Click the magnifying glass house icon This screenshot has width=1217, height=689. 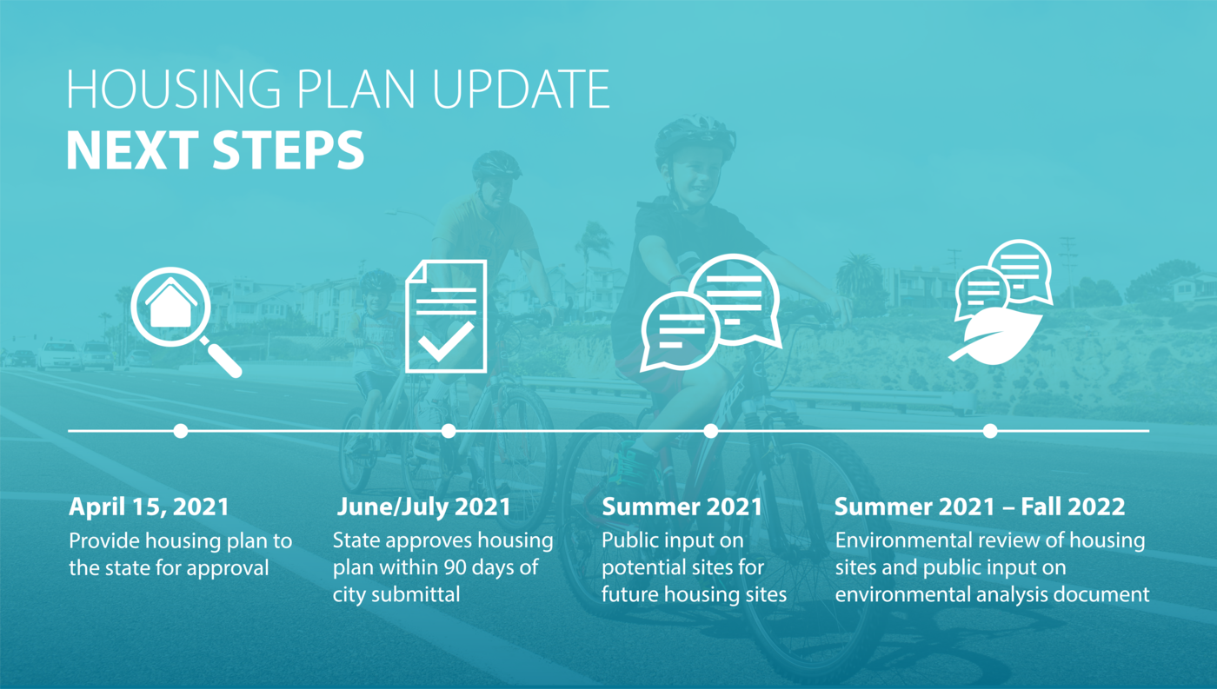[184, 321]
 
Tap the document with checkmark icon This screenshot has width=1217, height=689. [446, 316]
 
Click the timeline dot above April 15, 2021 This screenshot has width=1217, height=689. [181, 431]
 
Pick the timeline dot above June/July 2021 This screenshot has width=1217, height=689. [449, 431]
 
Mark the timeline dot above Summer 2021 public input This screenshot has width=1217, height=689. [711, 431]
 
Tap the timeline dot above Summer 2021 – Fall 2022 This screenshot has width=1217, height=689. [990, 431]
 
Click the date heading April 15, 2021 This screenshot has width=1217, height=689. [149, 507]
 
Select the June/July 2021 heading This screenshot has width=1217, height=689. [424, 507]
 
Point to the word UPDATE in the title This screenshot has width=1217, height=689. [522, 89]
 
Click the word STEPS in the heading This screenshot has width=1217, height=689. [288, 149]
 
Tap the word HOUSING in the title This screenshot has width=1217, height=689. [174, 89]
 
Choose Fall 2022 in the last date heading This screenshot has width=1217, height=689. [1073, 507]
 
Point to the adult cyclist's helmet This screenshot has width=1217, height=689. [495, 166]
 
